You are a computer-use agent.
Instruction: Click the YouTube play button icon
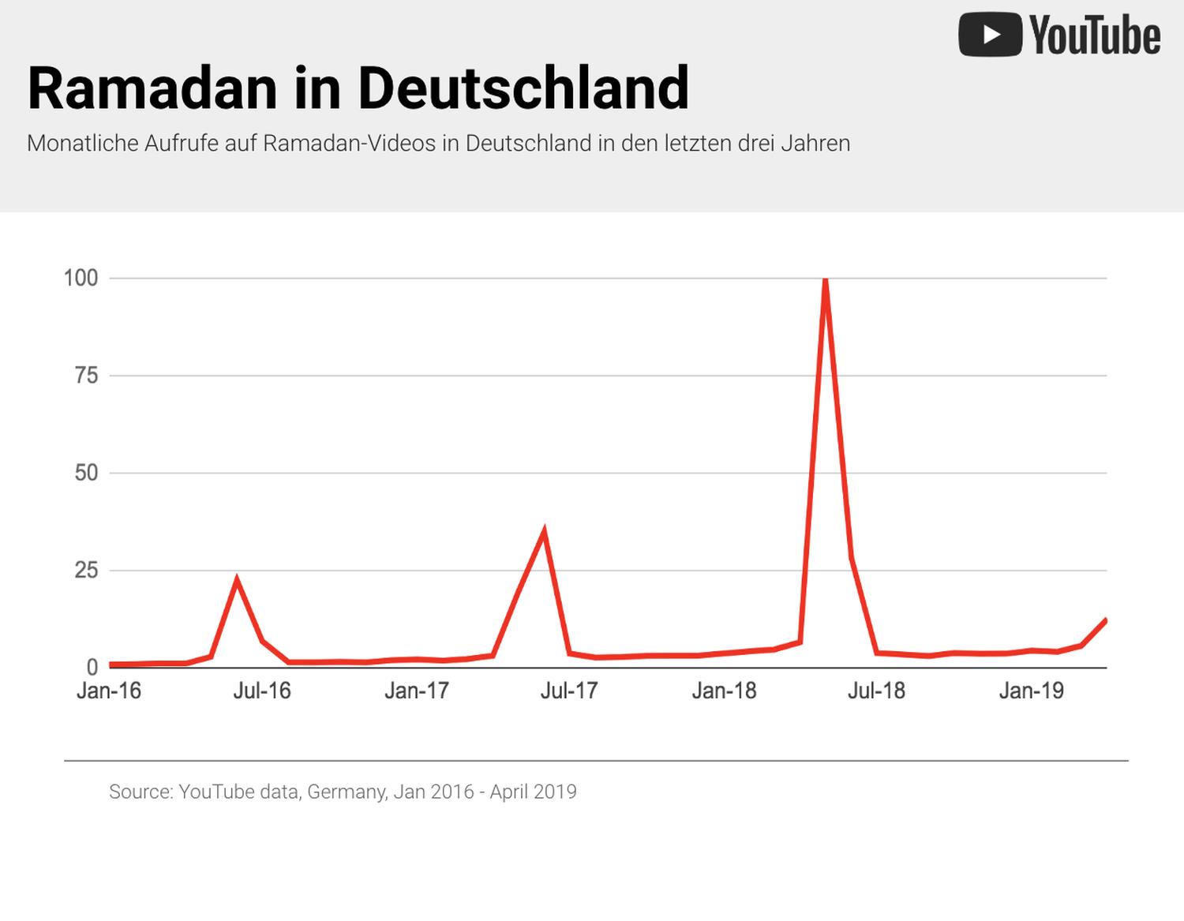click(990, 35)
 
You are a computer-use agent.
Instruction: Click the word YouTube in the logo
click(1096, 36)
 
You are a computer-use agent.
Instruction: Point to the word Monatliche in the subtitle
click(82, 144)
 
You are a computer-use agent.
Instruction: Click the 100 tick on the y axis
click(81, 278)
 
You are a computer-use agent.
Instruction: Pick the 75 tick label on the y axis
click(86, 376)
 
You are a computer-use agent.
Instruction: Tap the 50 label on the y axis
click(86, 473)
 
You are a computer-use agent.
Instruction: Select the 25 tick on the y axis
click(86, 570)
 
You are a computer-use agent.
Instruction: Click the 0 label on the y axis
click(92, 668)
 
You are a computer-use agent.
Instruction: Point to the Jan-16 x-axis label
click(109, 691)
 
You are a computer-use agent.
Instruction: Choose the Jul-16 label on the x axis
click(262, 691)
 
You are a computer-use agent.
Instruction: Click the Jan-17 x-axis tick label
click(417, 691)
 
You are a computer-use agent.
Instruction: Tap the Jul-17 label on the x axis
click(569, 691)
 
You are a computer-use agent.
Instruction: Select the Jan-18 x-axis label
click(724, 691)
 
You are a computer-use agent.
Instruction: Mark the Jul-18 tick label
click(876, 691)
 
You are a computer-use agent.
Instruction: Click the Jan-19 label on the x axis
click(1031, 691)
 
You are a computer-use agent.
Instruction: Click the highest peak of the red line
click(825, 280)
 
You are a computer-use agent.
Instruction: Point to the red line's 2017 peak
click(544, 532)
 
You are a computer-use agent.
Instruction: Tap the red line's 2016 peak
click(237, 580)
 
